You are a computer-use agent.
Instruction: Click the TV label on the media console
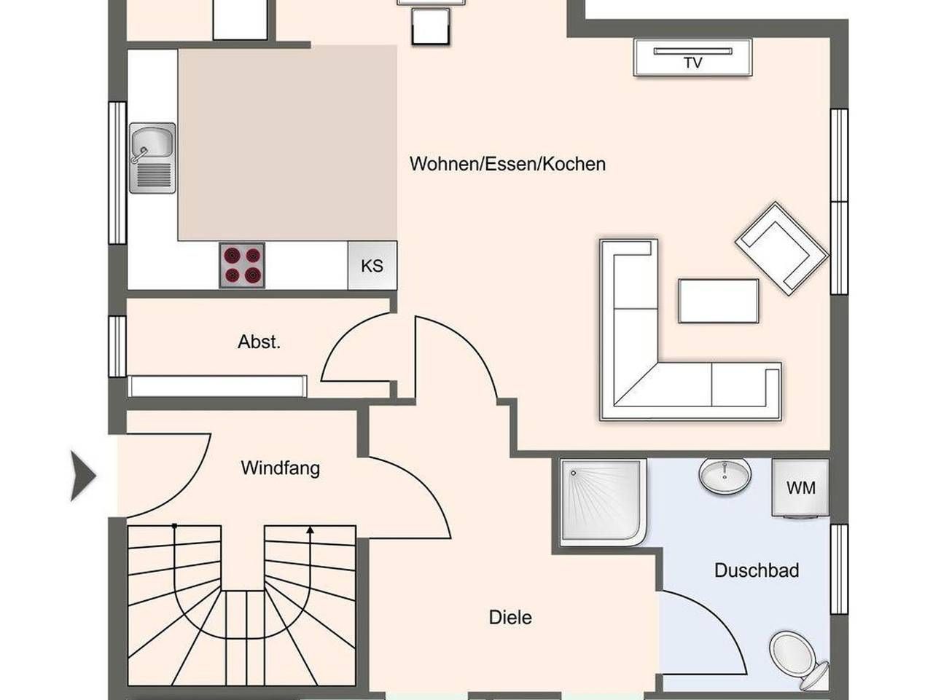pos(693,63)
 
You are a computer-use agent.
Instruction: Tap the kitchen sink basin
pos(152,142)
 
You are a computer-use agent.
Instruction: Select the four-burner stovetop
pos(242,265)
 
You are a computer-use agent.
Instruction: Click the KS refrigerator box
pos(372,266)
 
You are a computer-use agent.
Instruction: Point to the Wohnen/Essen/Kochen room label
pos(507,164)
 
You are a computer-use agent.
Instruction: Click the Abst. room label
pos(259,342)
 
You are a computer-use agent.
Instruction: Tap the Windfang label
pos(281,468)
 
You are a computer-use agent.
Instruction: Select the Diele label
pos(510,618)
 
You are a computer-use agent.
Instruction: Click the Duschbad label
pos(757,570)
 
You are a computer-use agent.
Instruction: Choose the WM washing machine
pos(801,488)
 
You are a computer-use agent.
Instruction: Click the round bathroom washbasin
pos(725,476)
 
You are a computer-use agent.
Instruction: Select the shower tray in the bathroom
pos(604,502)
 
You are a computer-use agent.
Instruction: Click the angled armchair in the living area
pos(782,248)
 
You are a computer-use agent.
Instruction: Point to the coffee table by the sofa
pos(719,301)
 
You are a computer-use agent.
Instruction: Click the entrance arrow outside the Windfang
pos(83,476)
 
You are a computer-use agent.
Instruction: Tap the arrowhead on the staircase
pos(310,530)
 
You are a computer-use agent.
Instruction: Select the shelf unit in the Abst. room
pos(217,386)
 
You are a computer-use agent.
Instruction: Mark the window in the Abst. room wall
pos(117,346)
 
